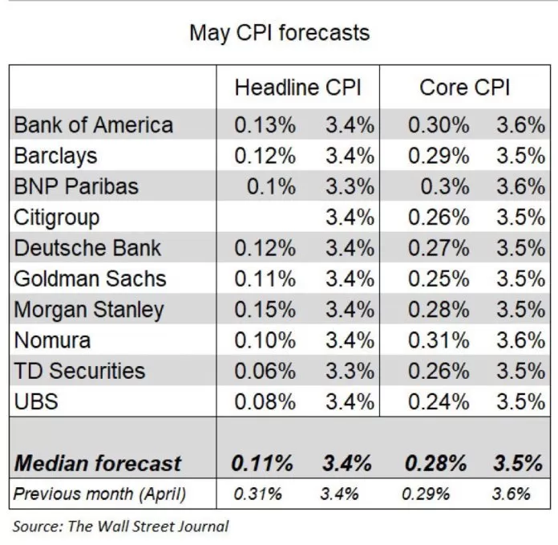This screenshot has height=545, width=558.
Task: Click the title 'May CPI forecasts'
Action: [x=279, y=33]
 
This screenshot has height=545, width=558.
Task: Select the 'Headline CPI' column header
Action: [x=298, y=88]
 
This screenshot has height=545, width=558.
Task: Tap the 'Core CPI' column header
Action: [x=464, y=88]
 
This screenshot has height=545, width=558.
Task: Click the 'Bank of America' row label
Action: [x=94, y=125]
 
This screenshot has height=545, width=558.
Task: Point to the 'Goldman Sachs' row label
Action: [x=90, y=279]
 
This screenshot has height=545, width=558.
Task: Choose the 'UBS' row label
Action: [x=36, y=401]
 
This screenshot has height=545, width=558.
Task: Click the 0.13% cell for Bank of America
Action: [x=265, y=125]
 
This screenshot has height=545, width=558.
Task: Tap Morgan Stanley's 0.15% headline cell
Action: [x=265, y=309]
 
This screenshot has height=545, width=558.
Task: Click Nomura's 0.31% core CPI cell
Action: [x=438, y=340]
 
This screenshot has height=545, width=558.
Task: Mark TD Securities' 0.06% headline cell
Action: [x=265, y=370]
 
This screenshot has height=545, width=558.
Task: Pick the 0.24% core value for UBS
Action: [x=438, y=401]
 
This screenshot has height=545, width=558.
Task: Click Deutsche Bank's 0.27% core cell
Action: [x=438, y=248]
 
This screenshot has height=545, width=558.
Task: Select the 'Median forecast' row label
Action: [x=98, y=463]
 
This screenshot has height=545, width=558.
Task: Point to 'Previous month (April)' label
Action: [x=99, y=494]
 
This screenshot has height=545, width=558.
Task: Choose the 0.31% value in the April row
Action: [x=257, y=494]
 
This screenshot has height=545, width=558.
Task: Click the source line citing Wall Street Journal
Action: [x=120, y=527]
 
